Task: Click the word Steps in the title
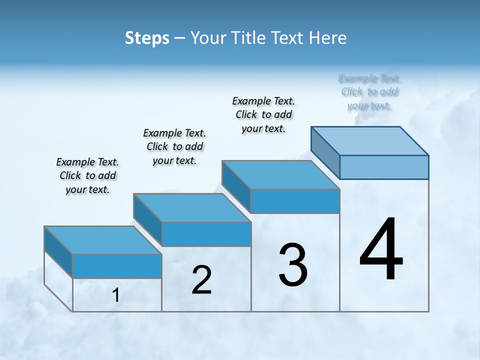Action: (x=146, y=38)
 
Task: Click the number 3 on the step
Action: (x=293, y=265)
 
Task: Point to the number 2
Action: (x=202, y=280)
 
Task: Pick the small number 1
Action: (x=116, y=295)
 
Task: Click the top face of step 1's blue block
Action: (x=102, y=240)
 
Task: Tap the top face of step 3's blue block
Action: (x=280, y=175)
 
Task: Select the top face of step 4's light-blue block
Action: (x=369, y=140)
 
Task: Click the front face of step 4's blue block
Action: (x=384, y=167)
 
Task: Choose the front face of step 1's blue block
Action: (x=117, y=266)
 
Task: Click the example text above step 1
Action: (x=87, y=175)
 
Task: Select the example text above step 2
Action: (x=174, y=146)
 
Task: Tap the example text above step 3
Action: (x=263, y=114)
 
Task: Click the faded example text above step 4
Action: (x=369, y=92)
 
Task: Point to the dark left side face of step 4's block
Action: (x=325, y=152)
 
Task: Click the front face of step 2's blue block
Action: (x=206, y=234)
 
